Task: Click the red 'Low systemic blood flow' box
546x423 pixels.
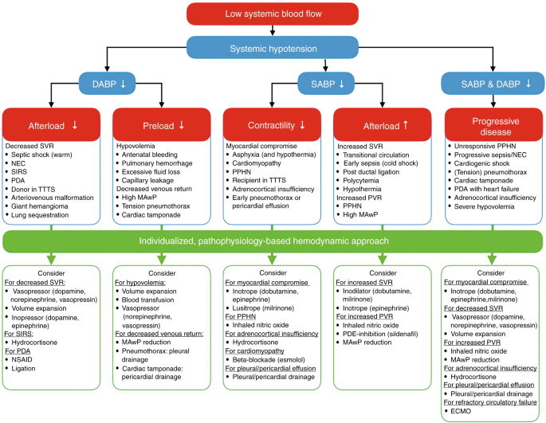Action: pyautogui.click(x=273, y=14)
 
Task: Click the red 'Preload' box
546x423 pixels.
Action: pyautogui.click(x=163, y=125)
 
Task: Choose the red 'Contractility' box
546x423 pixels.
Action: pyautogui.click(x=272, y=125)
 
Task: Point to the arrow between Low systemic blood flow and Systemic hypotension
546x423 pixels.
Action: pyautogui.click(x=273, y=29)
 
